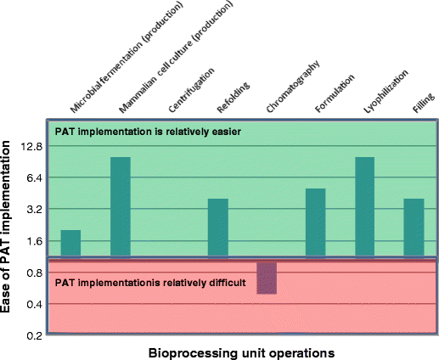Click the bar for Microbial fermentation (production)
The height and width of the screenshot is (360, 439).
[70, 243]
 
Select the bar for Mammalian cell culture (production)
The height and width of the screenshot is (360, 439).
[121, 206]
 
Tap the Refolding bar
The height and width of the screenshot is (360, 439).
[218, 228]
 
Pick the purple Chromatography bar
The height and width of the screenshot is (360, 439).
[267, 277]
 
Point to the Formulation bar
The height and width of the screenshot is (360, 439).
[315, 222]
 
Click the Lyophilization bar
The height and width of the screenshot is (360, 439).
[365, 206]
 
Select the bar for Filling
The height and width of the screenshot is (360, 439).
[414, 228]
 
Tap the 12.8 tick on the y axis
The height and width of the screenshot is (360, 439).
[31, 146]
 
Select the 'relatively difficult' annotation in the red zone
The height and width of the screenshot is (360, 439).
[150, 282]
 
